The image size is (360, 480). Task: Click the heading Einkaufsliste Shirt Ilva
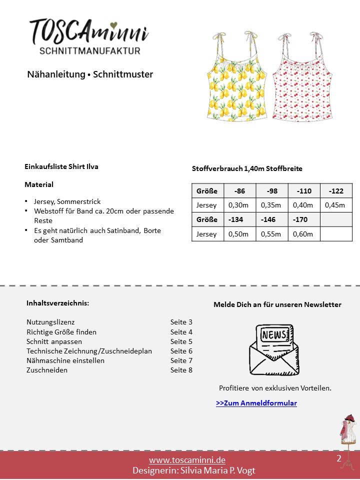click(x=61, y=166)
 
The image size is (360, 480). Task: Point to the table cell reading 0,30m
click(x=239, y=205)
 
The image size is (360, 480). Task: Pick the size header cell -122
click(x=336, y=191)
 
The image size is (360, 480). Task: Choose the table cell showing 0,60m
click(x=303, y=234)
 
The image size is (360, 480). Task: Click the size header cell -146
click(x=271, y=219)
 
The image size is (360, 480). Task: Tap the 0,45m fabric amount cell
click(x=335, y=205)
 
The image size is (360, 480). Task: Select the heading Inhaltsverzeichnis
click(x=57, y=303)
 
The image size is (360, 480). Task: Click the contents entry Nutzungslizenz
click(x=50, y=322)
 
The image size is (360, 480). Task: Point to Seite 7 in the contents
click(x=181, y=360)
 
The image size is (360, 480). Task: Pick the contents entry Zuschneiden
click(x=47, y=370)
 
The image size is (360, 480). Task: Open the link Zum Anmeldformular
click(x=256, y=403)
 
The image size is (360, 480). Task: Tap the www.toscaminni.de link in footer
click(x=180, y=460)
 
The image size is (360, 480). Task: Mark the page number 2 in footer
click(x=339, y=458)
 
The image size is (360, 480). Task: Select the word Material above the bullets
click(x=39, y=184)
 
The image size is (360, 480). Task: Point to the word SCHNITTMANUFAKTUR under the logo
click(x=90, y=50)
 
